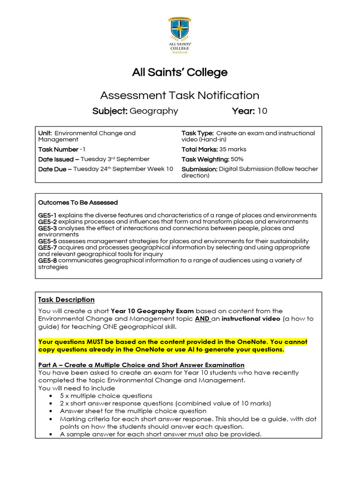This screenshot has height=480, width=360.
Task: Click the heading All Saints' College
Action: (x=180, y=73)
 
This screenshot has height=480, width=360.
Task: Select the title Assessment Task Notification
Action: (x=180, y=96)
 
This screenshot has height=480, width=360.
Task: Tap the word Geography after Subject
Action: (x=154, y=111)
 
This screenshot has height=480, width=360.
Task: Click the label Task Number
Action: (x=58, y=150)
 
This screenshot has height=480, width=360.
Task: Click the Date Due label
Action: (x=55, y=169)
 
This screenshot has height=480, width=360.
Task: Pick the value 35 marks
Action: (x=233, y=150)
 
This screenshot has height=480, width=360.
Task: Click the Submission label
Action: (x=199, y=169)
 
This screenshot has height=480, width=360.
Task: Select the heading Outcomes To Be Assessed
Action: (x=78, y=202)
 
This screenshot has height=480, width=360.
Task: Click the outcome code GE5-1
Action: (x=47, y=215)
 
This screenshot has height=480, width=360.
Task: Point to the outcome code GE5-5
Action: (x=47, y=241)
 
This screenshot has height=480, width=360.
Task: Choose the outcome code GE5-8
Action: (x=47, y=261)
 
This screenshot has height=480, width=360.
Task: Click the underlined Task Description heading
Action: (x=66, y=300)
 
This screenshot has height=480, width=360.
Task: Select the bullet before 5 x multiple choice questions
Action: (x=50, y=396)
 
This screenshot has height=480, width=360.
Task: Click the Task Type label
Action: (x=198, y=133)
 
